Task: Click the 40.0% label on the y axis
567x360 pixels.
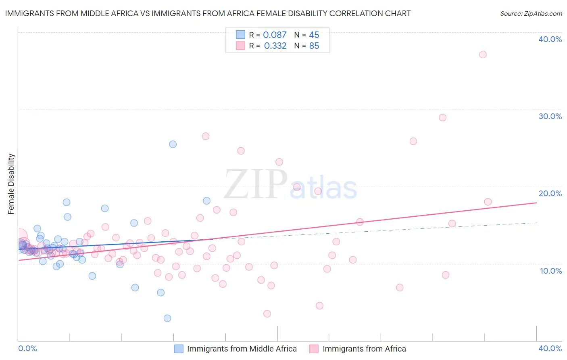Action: (550, 39)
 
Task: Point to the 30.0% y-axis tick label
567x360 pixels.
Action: (550, 116)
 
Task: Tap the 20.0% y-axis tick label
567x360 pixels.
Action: (550, 193)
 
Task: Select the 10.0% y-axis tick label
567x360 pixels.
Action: (551, 271)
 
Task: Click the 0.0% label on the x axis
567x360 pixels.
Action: (27, 348)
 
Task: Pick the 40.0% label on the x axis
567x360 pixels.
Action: (550, 348)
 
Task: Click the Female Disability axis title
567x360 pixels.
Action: (11, 184)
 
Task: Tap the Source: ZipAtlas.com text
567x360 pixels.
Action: (531, 14)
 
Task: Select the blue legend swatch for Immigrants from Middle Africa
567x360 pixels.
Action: (179, 349)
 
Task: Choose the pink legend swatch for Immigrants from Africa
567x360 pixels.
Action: (314, 349)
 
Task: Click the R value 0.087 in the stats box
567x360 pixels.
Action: (275, 35)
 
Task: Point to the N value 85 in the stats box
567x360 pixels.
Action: (314, 46)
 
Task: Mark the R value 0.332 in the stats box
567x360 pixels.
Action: (275, 46)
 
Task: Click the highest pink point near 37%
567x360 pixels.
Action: (483, 54)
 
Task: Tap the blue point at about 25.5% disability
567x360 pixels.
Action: (173, 144)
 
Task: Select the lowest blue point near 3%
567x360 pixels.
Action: (167, 318)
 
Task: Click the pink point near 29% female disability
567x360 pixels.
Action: (442, 117)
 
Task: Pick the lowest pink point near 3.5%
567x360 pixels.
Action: (267, 314)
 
